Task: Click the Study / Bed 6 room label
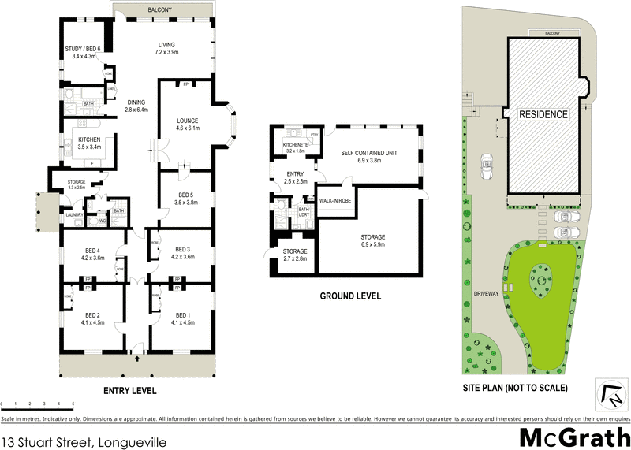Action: point(83,53)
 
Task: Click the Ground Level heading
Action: point(349,297)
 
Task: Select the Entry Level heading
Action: point(130,391)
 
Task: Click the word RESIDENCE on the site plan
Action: point(543,114)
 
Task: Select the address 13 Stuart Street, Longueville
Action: point(85,441)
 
